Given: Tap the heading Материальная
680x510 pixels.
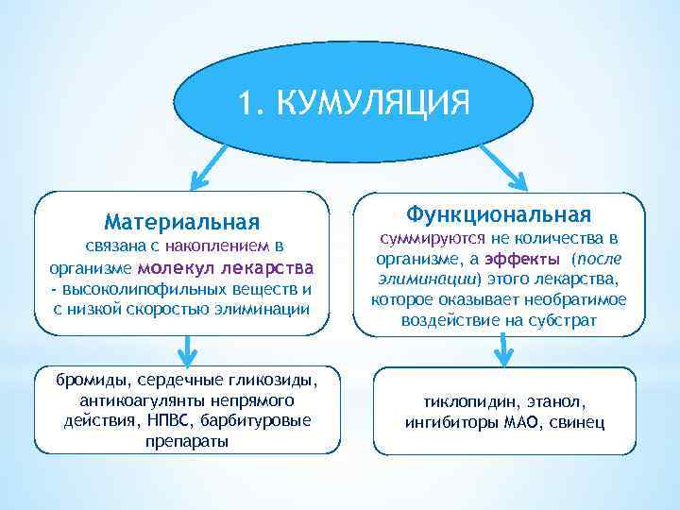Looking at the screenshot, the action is point(182,222).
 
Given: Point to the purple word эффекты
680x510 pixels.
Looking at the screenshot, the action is point(522,259).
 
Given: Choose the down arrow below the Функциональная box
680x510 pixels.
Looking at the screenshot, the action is point(503,349).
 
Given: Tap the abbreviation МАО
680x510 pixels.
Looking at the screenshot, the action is point(518,421).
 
